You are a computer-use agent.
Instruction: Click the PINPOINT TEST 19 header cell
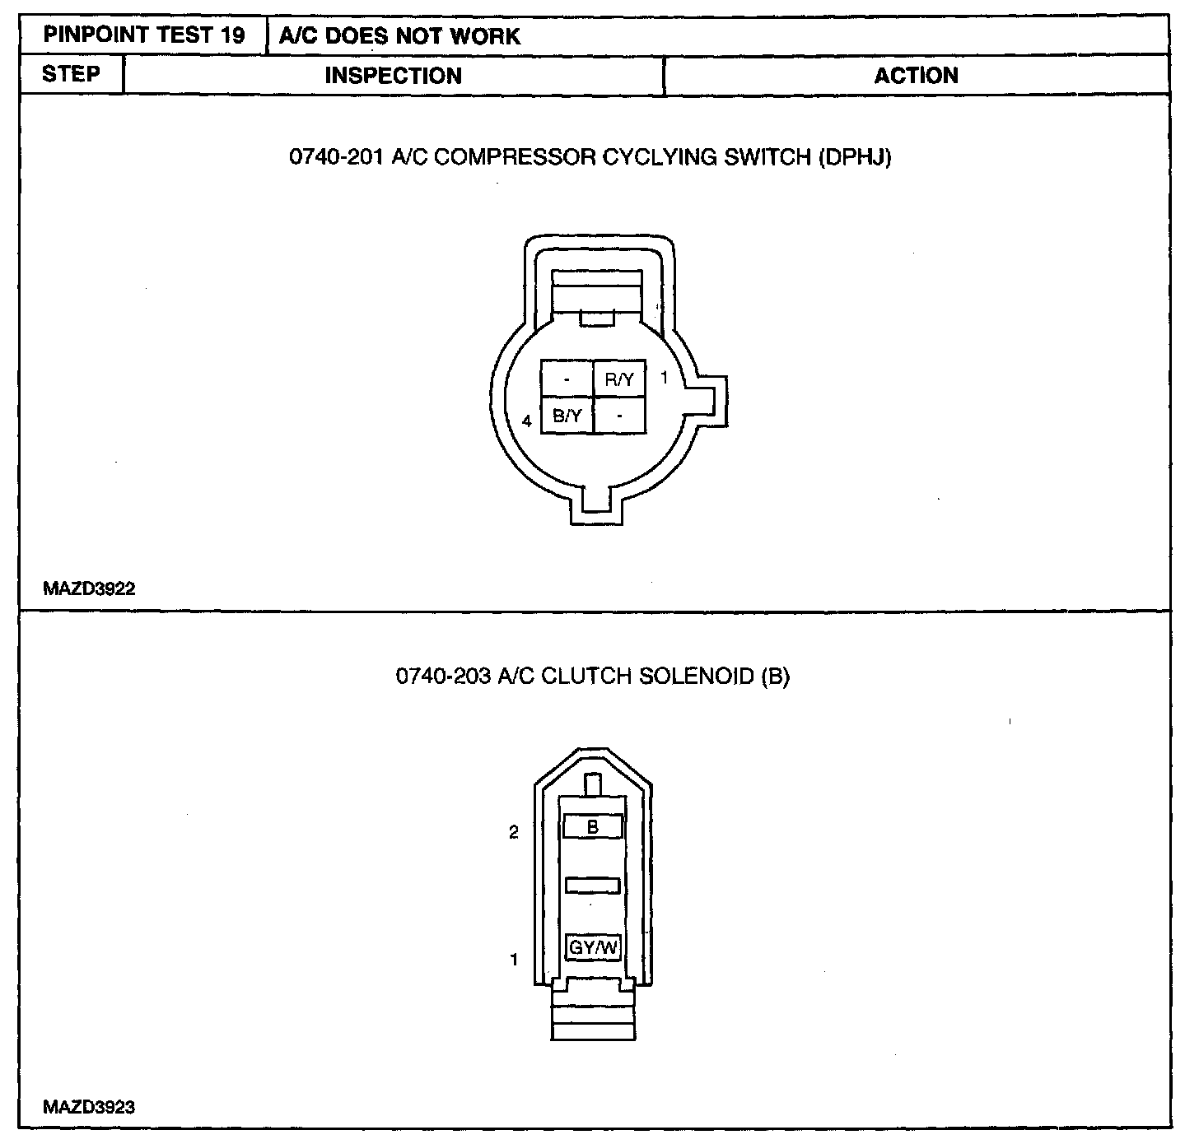[x=143, y=35]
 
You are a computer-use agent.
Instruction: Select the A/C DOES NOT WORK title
[x=399, y=36]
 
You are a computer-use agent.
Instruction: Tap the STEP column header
[x=71, y=74]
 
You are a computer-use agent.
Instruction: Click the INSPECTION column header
[x=393, y=76]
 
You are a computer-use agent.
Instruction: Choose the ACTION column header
[x=916, y=76]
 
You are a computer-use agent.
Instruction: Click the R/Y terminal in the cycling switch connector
[x=619, y=379]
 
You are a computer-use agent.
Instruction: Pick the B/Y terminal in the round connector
[x=567, y=416]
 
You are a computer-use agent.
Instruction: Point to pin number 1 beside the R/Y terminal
[x=664, y=379]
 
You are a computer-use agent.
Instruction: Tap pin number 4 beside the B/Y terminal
[x=527, y=422]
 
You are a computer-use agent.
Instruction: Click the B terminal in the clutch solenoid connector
[x=593, y=827]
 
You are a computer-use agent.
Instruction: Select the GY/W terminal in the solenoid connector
[x=593, y=947]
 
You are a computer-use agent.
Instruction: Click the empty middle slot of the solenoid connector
[x=593, y=886]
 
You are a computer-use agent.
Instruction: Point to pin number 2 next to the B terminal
[x=514, y=832]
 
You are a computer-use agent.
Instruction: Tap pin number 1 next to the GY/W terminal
[x=514, y=959]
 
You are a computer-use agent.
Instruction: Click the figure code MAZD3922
[x=89, y=588]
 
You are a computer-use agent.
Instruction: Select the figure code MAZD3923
[x=89, y=1107]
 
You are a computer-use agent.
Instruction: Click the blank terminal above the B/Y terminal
[x=567, y=379]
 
